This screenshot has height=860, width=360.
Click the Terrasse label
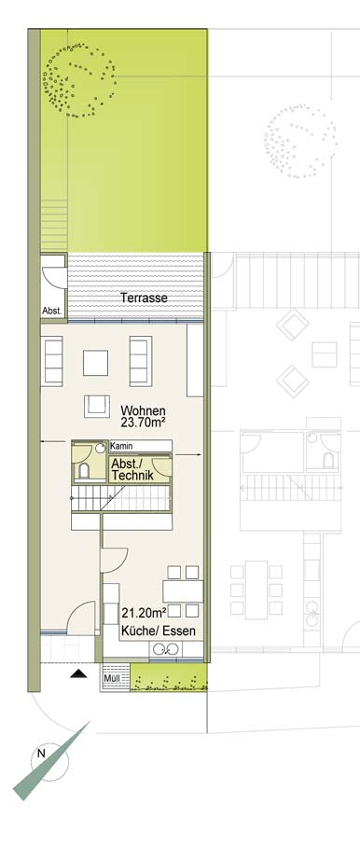(144, 298)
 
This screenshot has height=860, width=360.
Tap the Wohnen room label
(144, 410)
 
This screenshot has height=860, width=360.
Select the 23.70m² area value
(144, 422)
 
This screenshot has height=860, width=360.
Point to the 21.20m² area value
(144, 613)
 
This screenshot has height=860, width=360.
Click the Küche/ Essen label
(159, 631)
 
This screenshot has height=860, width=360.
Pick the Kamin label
(122, 447)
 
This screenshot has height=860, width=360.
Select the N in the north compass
(41, 754)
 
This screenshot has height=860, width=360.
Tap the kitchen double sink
(167, 650)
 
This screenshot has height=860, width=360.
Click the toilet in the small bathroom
(84, 470)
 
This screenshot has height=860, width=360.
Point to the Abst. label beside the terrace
(52, 311)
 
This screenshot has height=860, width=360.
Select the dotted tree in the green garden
(79, 80)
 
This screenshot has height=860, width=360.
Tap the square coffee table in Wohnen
(95, 363)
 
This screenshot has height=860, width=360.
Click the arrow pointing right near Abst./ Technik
(187, 454)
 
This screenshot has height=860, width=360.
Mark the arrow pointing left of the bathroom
(53, 440)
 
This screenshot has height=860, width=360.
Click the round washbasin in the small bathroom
(100, 448)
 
